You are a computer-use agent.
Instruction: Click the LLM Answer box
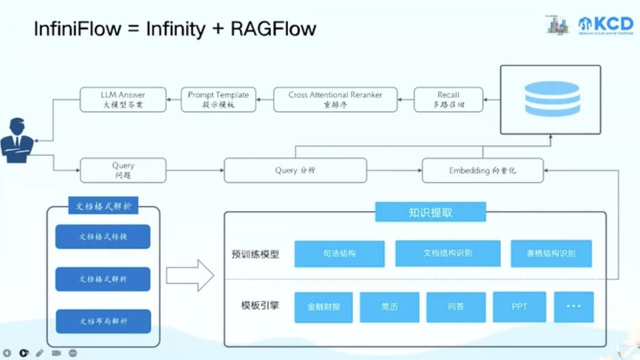click(x=123, y=100)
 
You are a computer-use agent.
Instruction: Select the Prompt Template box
click(x=218, y=100)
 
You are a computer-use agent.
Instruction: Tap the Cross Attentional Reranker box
click(x=335, y=100)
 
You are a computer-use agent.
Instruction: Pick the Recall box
click(x=448, y=100)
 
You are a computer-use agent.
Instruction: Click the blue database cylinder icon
click(x=552, y=99)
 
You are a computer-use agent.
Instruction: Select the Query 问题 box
click(x=123, y=170)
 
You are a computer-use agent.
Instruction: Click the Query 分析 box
click(x=295, y=170)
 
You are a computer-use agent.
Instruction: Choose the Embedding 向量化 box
click(x=482, y=170)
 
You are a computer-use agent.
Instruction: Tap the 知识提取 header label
click(x=430, y=212)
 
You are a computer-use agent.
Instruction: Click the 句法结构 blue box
click(x=339, y=254)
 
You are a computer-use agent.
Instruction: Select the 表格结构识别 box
click(x=551, y=254)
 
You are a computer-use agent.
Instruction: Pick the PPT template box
click(x=519, y=307)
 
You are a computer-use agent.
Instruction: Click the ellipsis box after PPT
click(x=573, y=307)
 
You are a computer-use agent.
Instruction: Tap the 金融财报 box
click(x=323, y=307)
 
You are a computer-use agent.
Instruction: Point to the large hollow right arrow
click(x=190, y=276)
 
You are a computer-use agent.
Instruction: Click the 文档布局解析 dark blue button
click(x=103, y=321)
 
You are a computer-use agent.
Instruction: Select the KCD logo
click(x=606, y=25)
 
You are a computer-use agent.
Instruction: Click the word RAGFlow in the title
click(x=274, y=29)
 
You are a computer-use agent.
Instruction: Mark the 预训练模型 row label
click(x=255, y=254)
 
